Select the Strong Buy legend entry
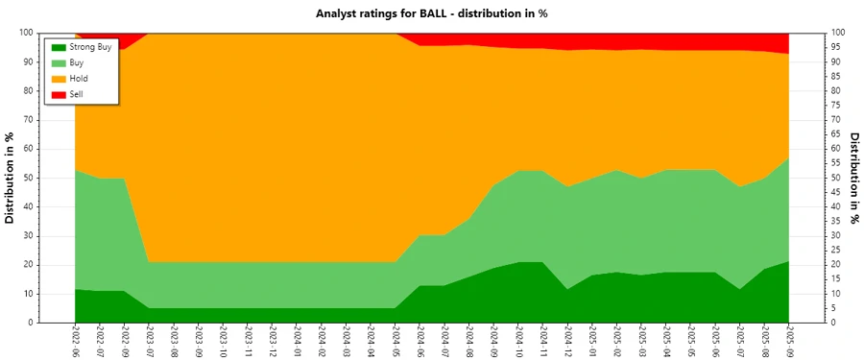pos(90,46)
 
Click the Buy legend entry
pos(77,62)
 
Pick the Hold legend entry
pos(79,78)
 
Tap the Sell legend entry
pos(77,94)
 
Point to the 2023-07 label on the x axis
pos(149,340)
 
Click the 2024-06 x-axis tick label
pos(420,340)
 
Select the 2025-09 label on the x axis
pos(789,340)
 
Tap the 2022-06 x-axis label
pos(75,340)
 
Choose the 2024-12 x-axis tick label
pos(568,340)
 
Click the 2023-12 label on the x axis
pos(273,340)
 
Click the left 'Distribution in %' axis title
pos(11,178)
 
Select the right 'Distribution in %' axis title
pos(853,178)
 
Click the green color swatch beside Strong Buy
pos(58,46)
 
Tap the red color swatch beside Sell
pos(58,94)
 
